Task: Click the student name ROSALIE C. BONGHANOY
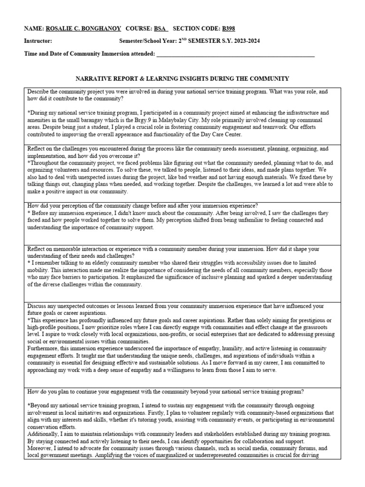(83, 28)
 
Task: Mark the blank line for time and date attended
(235, 54)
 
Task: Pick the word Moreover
(40, 448)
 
